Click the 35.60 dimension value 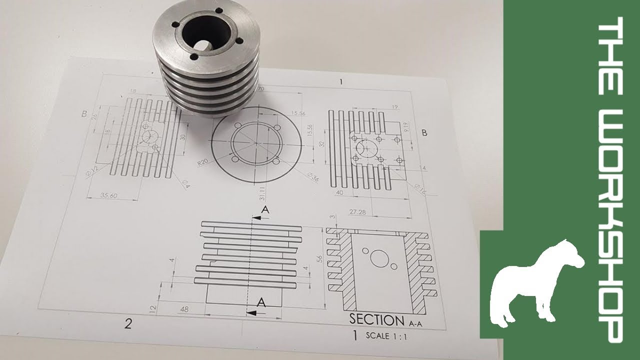click(109, 195)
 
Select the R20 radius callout click(203, 163)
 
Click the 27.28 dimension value click(358, 212)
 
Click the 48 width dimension click(184, 309)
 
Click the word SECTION click(377, 320)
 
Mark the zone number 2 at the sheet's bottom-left click(128, 324)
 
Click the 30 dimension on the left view click(182, 137)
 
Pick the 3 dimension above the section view click(333, 217)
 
